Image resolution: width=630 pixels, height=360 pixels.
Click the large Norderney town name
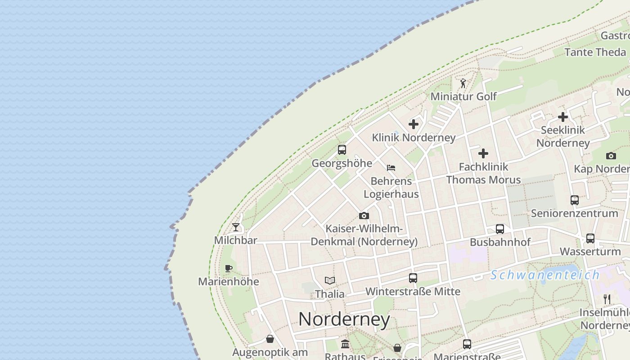pyautogui.click(x=344, y=319)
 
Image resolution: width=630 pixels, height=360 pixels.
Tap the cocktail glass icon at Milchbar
pyautogui.click(x=236, y=227)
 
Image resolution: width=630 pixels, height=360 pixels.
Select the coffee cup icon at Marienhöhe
pyautogui.click(x=229, y=269)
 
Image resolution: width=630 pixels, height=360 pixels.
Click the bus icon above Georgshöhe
pyautogui.click(x=342, y=150)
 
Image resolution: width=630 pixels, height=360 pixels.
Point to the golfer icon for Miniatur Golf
pyautogui.click(x=463, y=83)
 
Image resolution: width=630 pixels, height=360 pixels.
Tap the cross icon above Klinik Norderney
pyautogui.click(x=414, y=124)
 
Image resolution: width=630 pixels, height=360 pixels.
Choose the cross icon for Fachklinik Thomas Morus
pyautogui.click(x=483, y=153)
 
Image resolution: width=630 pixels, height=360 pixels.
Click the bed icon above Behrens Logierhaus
pyautogui.click(x=391, y=168)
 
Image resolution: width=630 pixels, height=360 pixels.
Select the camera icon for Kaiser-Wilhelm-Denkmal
pyautogui.click(x=364, y=216)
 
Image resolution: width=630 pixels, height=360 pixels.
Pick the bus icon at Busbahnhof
pyautogui.click(x=500, y=229)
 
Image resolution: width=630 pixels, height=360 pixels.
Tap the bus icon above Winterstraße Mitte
pyautogui.click(x=413, y=278)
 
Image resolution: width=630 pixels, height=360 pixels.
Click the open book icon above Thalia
pyautogui.click(x=330, y=281)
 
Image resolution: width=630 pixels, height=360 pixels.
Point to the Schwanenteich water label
pyautogui.click(x=545, y=274)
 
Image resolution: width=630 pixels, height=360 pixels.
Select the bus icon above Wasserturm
pyautogui.click(x=590, y=238)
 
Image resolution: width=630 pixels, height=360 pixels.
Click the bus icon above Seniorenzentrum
pyautogui.click(x=575, y=200)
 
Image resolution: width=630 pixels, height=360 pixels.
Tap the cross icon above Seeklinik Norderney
pyautogui.click(x=563, y=117)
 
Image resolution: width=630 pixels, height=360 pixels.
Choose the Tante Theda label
pyautogui.click(x=595, y=52)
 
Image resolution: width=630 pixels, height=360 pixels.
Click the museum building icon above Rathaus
pyautogui.click(x=345, y=344)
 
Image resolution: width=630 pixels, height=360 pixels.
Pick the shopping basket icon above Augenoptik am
pyautogui.click(x=270, y=339)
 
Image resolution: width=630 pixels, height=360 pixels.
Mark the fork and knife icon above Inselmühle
pyautogui.click(x=607, y=299)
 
